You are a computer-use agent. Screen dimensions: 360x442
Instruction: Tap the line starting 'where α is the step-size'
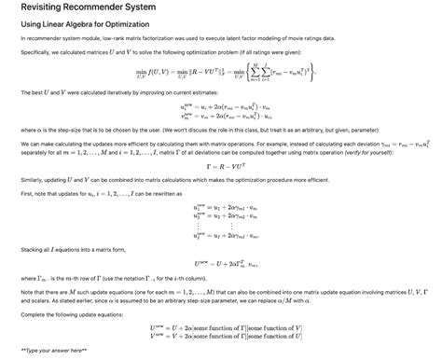(186, 132)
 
